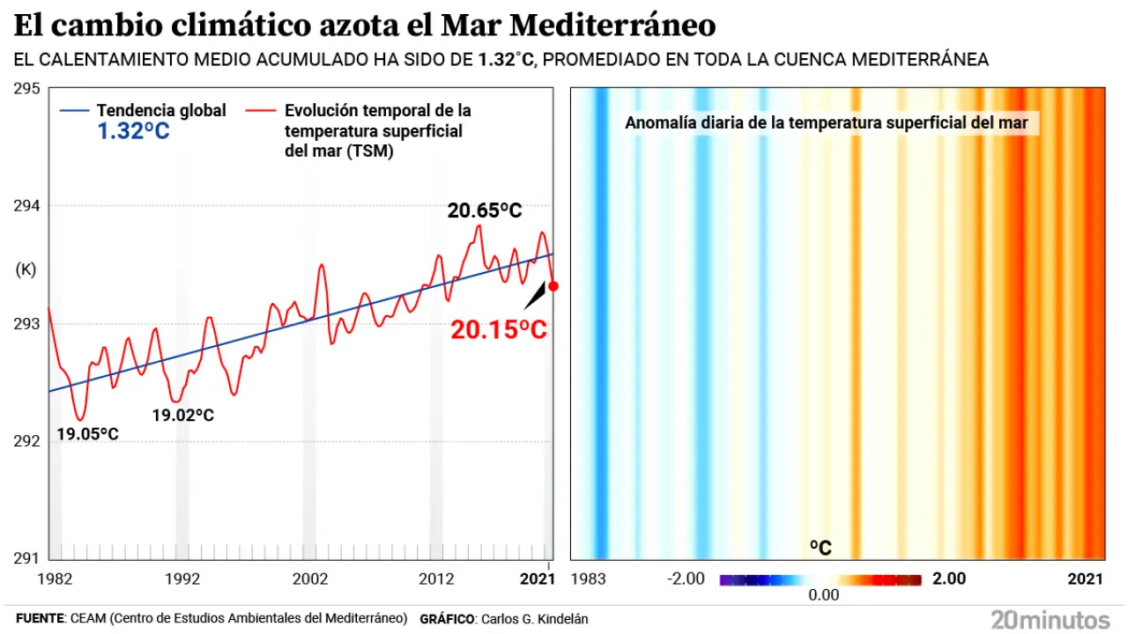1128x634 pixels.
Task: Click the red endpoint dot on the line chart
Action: (553, 285)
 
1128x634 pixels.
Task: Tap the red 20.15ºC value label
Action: (499, 330)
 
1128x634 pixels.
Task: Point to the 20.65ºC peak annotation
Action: (485, 211)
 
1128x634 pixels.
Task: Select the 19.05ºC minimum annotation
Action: (87, 434)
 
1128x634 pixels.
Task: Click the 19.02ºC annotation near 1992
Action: (182, 415)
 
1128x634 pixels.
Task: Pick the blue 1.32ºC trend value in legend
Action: (132, 133)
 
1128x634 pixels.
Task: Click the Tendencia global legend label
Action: (161, 111)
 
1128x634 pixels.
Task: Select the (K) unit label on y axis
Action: (26, 270)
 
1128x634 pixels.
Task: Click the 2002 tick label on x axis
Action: (310, 579)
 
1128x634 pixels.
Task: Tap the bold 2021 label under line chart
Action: (538, 579)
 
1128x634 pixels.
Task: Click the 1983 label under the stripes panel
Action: (589, 579)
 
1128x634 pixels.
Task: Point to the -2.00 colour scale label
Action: (687, 579)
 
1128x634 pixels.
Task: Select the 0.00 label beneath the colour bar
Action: (824, 595)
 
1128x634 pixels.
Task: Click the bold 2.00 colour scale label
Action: (949, 579)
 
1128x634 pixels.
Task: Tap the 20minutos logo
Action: (1050, 618)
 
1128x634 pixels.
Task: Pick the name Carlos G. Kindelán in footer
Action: (533, 619)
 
